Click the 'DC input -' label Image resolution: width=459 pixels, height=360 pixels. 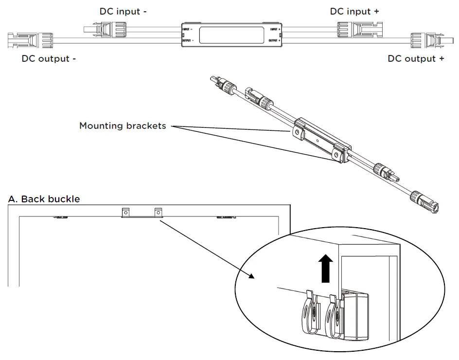click(122, 11)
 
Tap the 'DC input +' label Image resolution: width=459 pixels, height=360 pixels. click(354, 11)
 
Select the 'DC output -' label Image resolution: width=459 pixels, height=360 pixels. click(49, 59)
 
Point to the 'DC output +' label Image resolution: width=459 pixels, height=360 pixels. click(416, 59)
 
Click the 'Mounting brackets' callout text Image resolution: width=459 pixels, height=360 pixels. click(123, 126)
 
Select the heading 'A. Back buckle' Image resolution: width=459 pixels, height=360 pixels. click(44, 199)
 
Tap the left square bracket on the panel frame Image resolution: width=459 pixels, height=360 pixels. click(126, 212)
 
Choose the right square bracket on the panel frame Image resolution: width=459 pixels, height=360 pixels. click(158, 212)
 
